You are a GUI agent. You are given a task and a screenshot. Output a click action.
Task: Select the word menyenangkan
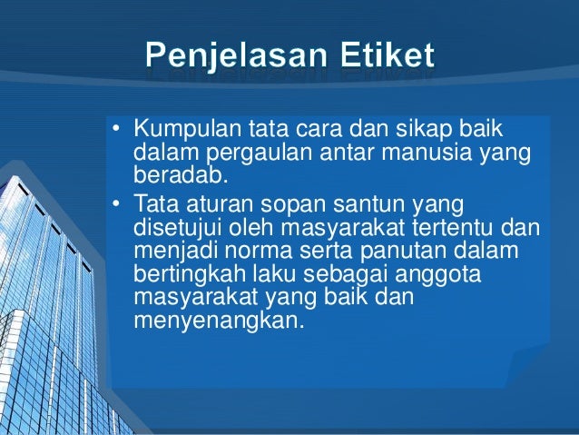point(214,321)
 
